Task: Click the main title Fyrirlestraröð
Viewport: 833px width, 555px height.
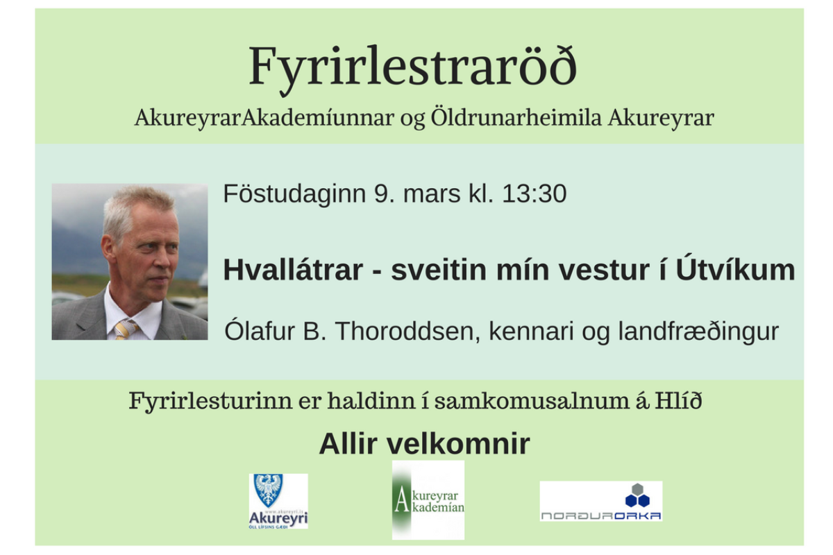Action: (413, 68)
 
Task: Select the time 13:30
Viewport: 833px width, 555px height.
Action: (534, 194)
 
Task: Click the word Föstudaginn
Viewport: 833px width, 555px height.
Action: (294, 194)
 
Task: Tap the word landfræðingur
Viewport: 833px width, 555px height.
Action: (698, 331)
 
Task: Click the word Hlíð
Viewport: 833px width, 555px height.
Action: (678, 400)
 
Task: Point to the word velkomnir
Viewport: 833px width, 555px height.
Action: (458, 443)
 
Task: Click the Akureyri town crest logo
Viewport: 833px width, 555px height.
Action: (278, 501)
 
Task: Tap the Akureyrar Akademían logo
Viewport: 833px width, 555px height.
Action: (428, 500)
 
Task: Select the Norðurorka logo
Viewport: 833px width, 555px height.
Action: (601, 501)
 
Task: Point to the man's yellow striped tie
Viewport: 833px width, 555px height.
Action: (126, 330)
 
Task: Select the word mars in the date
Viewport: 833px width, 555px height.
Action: (432, 194)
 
